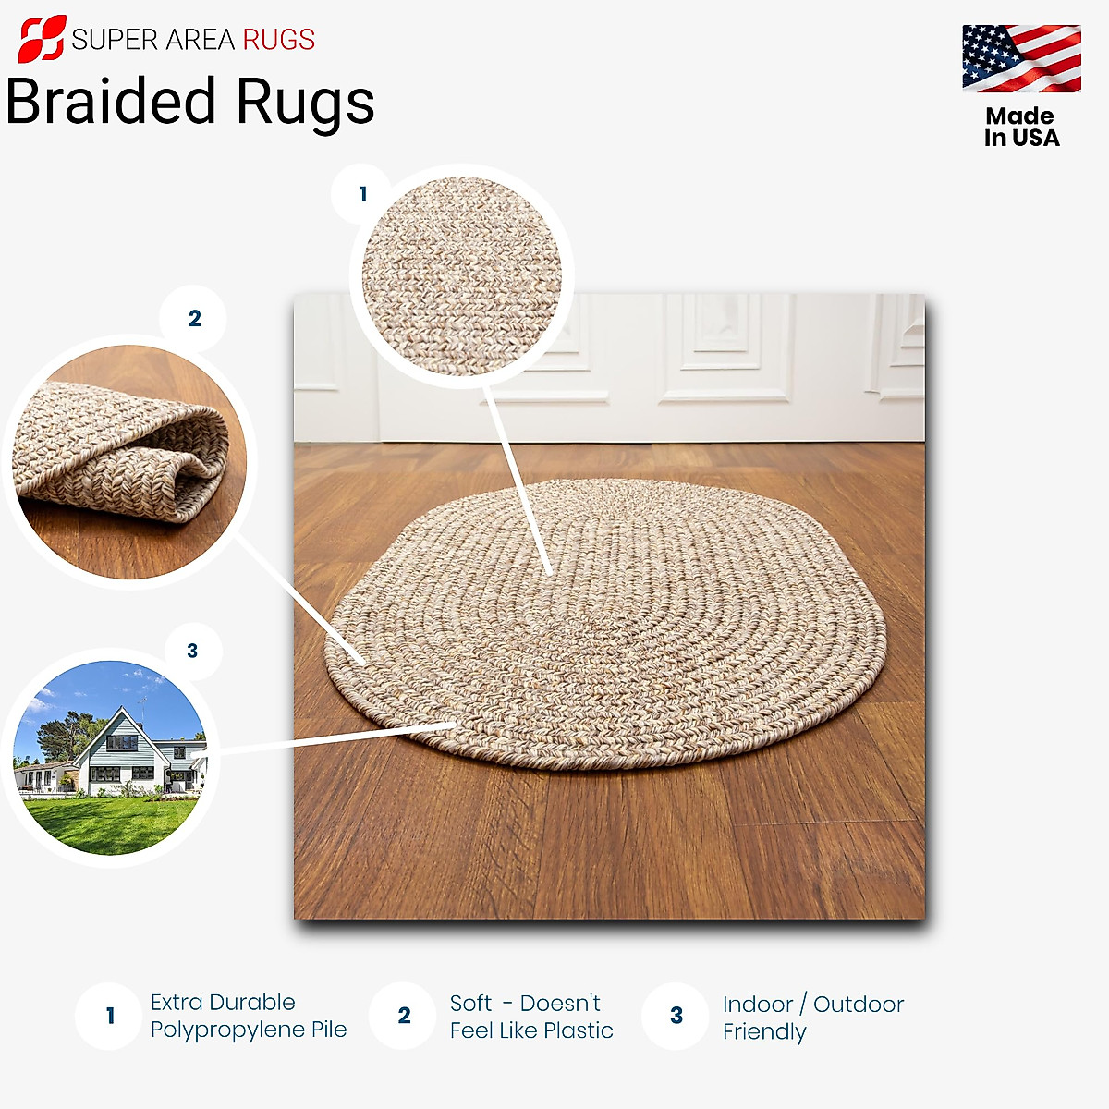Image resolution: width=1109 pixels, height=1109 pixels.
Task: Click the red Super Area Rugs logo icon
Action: click(42, 38)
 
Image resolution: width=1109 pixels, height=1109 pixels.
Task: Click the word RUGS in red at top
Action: click(278, 40)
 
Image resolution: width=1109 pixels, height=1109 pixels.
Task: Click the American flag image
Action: click(1021, 58)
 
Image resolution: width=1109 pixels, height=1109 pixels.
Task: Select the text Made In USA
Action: click(1021, 128)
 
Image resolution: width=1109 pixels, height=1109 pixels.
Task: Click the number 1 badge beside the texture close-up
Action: click(362, 194)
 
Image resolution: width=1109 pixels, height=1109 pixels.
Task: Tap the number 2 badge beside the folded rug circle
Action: click(194, 319)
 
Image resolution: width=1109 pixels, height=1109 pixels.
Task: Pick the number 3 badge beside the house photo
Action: click(192, 651)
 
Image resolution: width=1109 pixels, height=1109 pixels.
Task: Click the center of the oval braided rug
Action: click(605, 624)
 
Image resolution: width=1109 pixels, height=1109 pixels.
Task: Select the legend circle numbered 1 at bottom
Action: click(109, 1016)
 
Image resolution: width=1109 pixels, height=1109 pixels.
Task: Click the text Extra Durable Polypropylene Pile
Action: click(248, 1016)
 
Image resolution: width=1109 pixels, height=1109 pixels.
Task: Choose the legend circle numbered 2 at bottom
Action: click(403, 1016)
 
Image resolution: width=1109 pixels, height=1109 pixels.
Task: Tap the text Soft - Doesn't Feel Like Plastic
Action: click(530, 1017)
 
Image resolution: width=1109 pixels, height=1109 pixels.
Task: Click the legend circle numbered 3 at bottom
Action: click(676, 1016)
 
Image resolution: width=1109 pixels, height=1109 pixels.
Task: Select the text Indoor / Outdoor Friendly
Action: click(811, 1018)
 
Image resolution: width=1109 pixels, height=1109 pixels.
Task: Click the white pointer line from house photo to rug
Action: click(333, 737)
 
